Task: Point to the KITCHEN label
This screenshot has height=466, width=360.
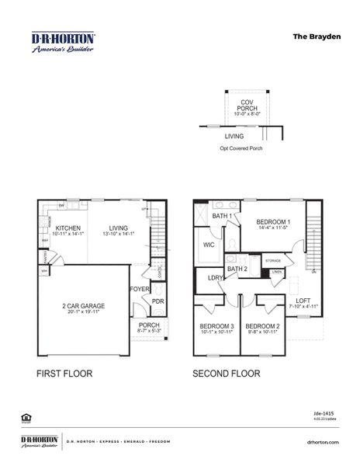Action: coord(67,228)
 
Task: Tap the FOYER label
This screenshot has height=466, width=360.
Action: coord(139,289)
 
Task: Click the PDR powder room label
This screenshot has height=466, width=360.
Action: coord(157,302)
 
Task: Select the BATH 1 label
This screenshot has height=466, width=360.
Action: coord(222,216)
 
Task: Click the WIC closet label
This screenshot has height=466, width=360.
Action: coord(209,245)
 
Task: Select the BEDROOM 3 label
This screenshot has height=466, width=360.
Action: coord(216,326)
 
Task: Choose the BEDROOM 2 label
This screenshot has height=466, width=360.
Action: coord(261,326)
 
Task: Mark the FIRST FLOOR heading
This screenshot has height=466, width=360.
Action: coord(64,374)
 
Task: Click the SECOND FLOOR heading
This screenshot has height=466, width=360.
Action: coord(226,374)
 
